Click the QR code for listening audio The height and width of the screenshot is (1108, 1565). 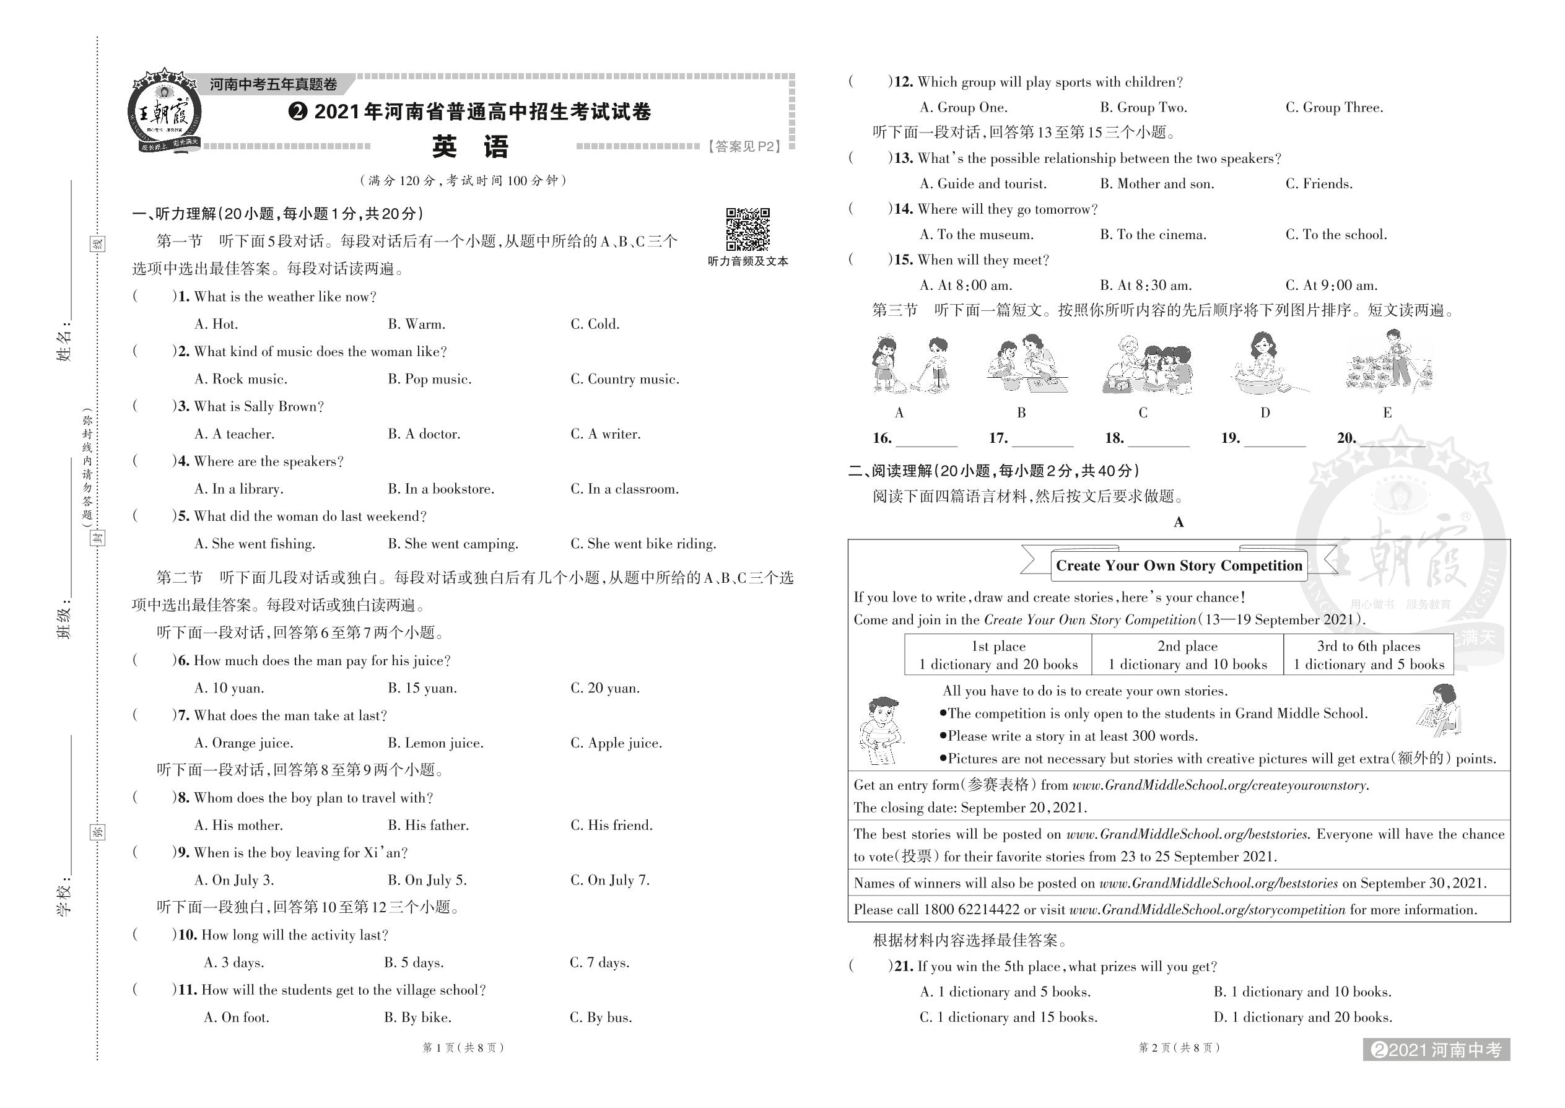(x=748, y=229)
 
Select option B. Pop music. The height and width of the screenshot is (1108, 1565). (x=430, y=379)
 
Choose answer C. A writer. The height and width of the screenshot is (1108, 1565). (x=605, y=434)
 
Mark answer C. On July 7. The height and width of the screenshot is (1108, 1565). (x=610, y=880)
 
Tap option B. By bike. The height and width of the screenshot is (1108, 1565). (x=417, y=1017)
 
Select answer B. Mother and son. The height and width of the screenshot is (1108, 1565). (x=1157, y=183)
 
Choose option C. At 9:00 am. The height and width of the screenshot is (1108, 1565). (x=1332, y=285)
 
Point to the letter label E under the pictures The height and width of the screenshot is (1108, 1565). (x=1387, y=412)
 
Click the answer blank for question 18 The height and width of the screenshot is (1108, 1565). (x=1158, y=439)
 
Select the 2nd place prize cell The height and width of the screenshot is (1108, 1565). (x=1187, y=655)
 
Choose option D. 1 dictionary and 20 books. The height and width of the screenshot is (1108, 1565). (x=1302, y=1017)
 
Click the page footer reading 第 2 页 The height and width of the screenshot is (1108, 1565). (x=1178, y=1047)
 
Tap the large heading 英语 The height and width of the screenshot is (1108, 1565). (x=471, y=147)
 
